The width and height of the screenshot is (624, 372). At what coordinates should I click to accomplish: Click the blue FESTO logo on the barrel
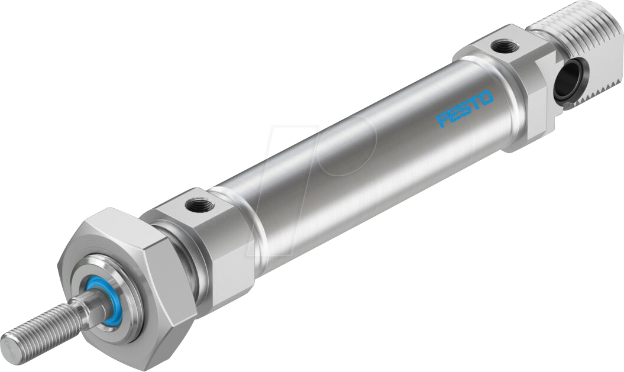pyautogui.click(x=464, y=108)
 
